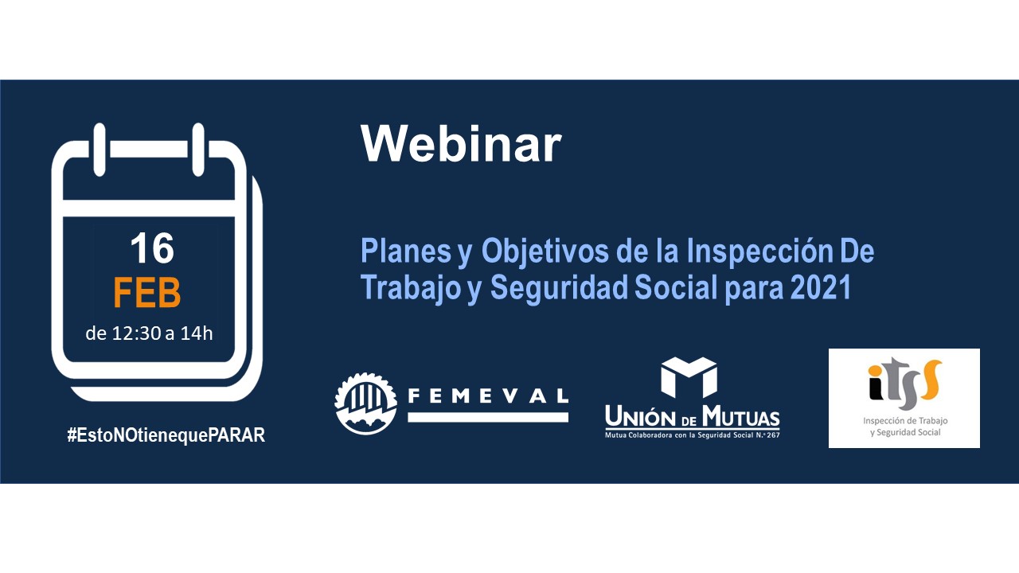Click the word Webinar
tap(461, 143)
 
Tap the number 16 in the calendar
tap(152, 248)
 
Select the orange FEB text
tap(147, 292)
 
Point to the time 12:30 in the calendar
tap(136, 333)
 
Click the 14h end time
tap(197, 333)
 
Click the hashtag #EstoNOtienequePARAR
tap(166, 435)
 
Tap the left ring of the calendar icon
tap(100, 150)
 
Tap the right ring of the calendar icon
tap(198, 150)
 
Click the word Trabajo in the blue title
tap(411, 288)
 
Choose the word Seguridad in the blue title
tap(558, 288)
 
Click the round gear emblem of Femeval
tap(365, 403)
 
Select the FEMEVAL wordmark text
tap(488, 396)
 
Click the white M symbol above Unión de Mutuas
tap(689, 377)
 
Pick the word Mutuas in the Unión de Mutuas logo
tap(741, 416)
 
